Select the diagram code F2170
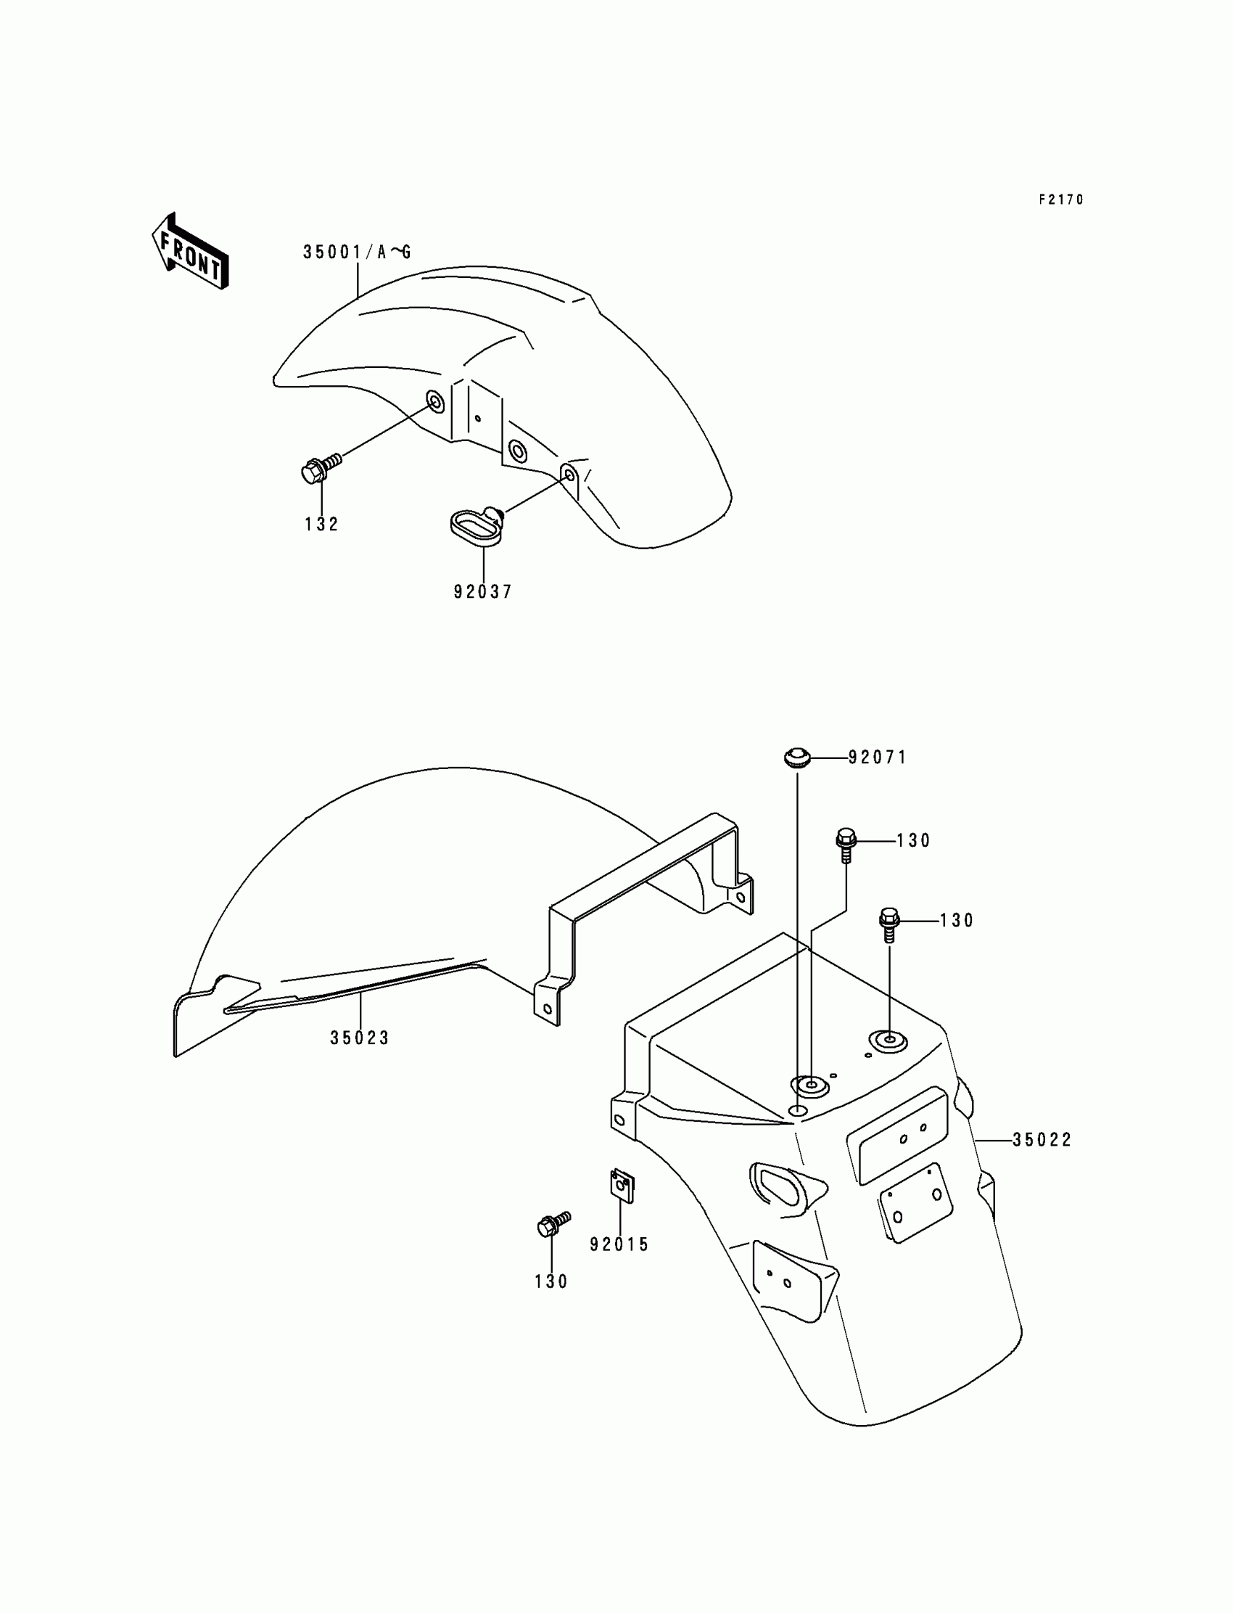click(1060, 200)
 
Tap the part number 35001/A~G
click(358, 253)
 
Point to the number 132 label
click(321, 524)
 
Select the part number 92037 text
click(482, 591)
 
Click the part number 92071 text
click(877, 757)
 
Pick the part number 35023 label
click(360, 1038)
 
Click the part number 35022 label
click(1042, 1139)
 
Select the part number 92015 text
click(619, 1244)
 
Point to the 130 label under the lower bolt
click(551, 1281)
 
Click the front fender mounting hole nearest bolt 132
click(434, 401)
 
